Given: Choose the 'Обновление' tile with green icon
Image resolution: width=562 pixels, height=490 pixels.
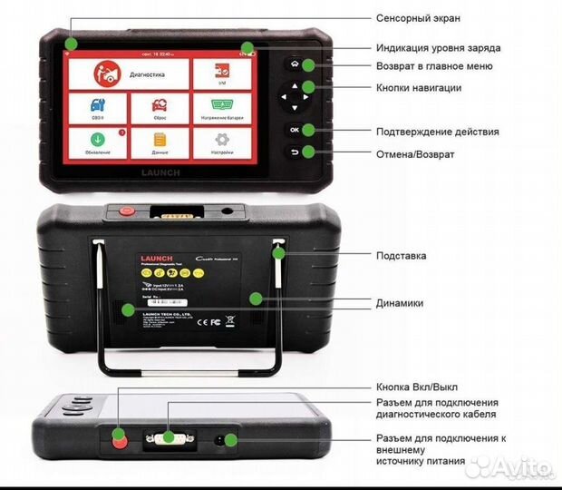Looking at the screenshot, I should click(96, 142).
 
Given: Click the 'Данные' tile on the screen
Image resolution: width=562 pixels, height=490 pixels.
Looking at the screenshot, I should click(159, 142).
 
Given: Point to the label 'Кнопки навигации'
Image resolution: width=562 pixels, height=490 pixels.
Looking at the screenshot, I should click(419, 88).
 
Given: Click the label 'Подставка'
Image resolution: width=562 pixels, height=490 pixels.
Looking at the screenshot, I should click(401, 256).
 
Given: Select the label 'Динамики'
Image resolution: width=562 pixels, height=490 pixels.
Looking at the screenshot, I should click(399, 303).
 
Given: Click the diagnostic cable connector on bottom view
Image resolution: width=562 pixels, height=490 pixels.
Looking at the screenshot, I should click(168, 439).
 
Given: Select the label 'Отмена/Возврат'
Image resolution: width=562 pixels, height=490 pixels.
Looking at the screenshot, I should click(415, 154).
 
